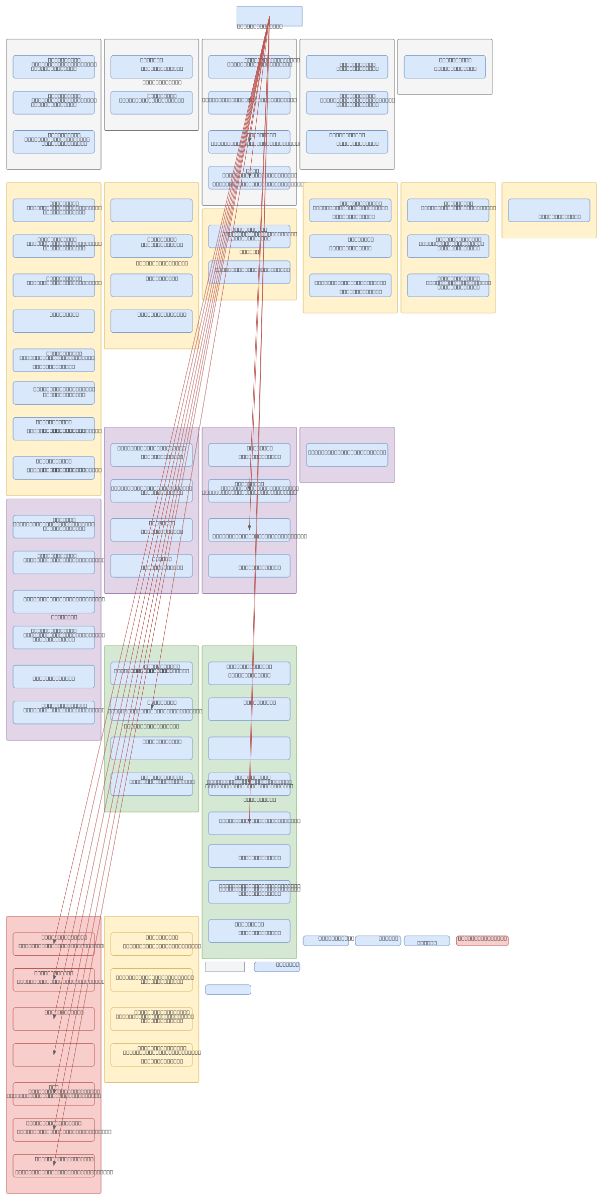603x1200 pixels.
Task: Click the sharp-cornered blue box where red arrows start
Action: tap(269, 16)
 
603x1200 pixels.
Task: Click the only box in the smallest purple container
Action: tap(347, 454)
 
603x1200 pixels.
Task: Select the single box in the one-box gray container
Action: tap(445, 67)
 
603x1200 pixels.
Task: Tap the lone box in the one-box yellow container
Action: tap(549, 210)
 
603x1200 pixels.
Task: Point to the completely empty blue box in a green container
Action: tap(249, 748)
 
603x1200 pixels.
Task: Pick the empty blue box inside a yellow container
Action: tap(151, 210)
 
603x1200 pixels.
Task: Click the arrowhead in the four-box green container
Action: tap(152, 706)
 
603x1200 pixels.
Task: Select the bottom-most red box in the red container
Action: tap(54, 1165)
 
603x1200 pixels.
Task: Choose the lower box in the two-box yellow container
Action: tap(249, 272)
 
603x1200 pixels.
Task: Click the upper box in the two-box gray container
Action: tap(151, 67)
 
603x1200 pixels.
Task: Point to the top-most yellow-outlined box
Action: tap(151, 944)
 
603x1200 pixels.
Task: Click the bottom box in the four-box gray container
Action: tap(249, 177)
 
